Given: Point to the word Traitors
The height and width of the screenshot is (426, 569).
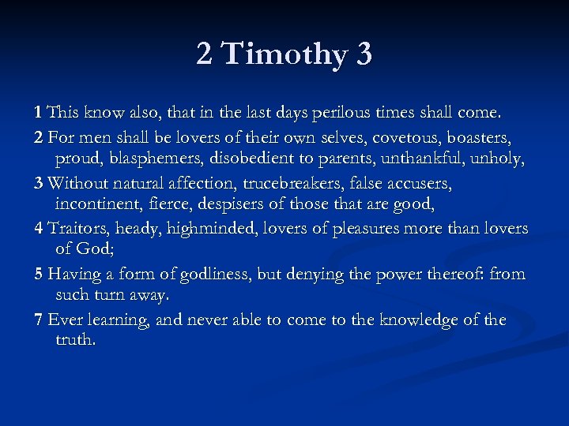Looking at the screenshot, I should [x=78, y=229].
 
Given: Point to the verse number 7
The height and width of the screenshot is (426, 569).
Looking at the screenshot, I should [x=39, y=320].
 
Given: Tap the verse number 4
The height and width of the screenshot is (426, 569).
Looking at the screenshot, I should [x=39, y=229].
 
